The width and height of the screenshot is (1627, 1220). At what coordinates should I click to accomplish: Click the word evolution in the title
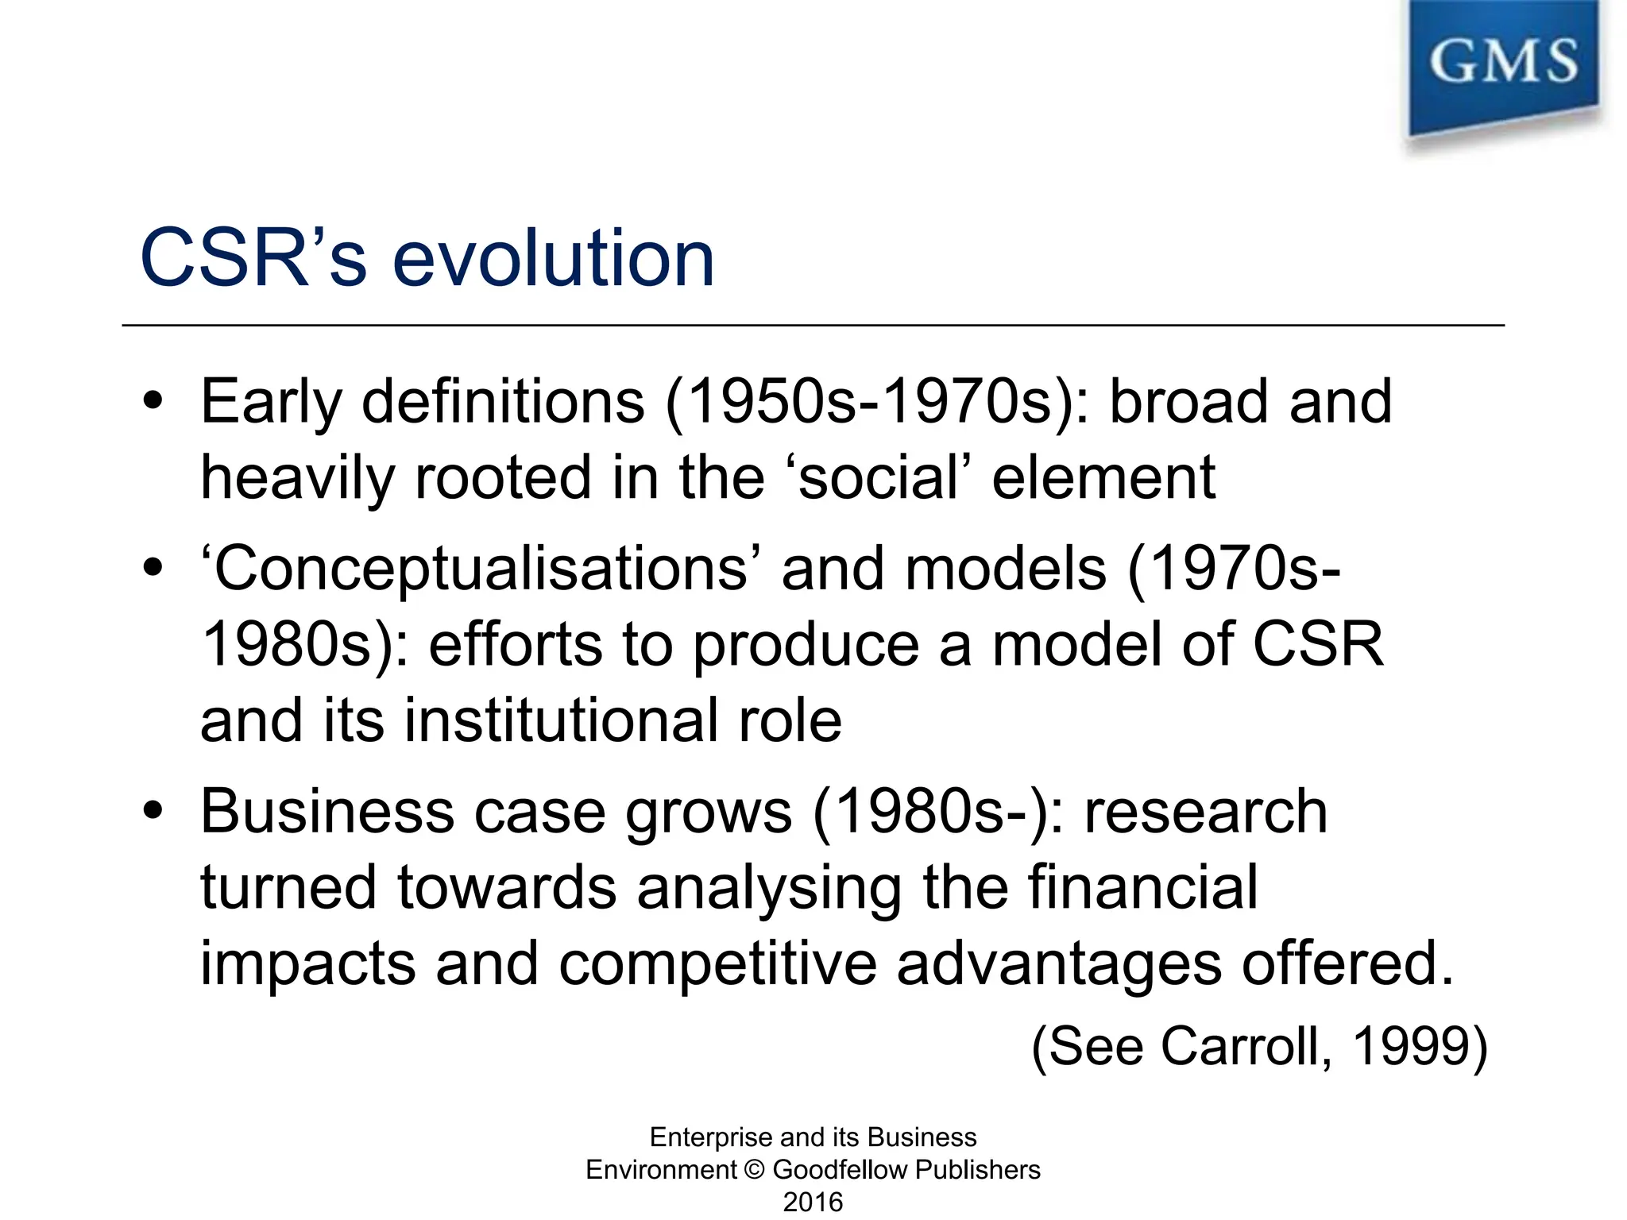(x=554, y=258)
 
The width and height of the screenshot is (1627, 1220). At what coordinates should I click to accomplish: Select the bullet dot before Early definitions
(x=153, y=400)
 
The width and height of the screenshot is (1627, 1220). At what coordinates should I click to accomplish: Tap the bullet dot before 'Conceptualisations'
(x=153, y=567)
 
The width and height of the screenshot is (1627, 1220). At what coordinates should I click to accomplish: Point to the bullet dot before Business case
(x=153, y=810)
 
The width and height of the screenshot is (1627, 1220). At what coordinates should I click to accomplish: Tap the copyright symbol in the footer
(x=755, y=1170)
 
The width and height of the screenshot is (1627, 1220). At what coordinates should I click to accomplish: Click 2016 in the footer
(x=813, y=1203)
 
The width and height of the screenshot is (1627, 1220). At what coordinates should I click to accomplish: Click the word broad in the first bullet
(x=1189, y=401)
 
